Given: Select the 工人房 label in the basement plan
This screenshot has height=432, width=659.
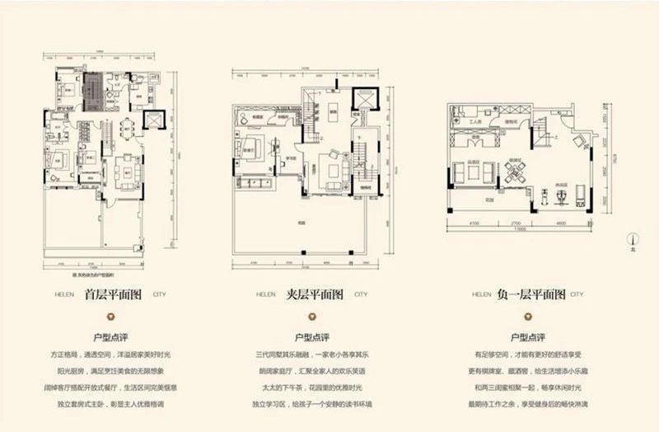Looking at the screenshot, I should point(476,120).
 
